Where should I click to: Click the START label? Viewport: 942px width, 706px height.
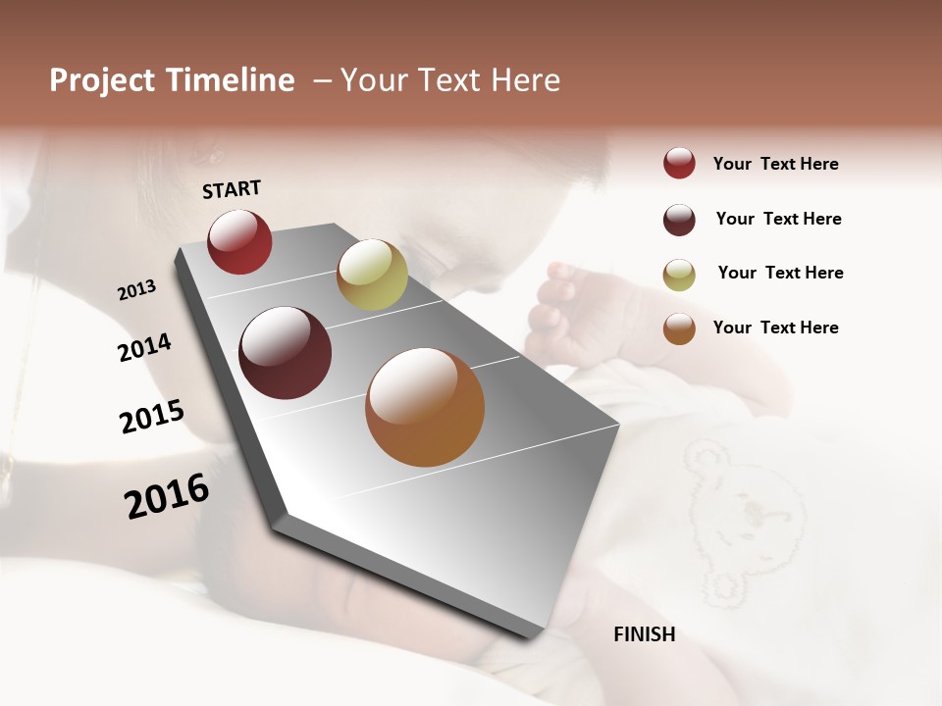click(x=232, y=189)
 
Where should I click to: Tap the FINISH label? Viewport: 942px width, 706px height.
click(x=645, y=634)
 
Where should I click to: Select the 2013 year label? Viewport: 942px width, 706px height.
click(x=137, y=289)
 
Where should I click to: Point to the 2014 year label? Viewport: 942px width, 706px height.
click(x=145, y=348)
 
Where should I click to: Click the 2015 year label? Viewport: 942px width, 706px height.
click(x=152, y=417)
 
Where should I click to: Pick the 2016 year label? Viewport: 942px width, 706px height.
click(x=167, y=495)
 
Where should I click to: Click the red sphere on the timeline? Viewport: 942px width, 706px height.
click(x=239, y=242)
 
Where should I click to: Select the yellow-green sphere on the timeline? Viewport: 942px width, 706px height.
click(x=372, y=275)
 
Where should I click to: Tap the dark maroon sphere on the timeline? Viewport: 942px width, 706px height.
click(x=286, y=353)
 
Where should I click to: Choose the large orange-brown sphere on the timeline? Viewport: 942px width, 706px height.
click(x=425, y=407)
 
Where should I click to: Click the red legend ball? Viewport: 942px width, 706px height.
click(x=679, y=164)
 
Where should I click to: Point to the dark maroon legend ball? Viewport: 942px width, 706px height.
click(x=679, y=220)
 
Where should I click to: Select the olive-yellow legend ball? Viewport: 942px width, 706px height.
click(x=679, y=275)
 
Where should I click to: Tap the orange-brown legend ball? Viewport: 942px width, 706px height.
click(x=679, y=328)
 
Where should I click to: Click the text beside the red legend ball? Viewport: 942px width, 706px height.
click(x=775, y=164)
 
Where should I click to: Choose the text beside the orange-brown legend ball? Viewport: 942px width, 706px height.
click(x=775, y=328)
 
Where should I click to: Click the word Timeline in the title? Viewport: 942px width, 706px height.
click(x=231, y=80)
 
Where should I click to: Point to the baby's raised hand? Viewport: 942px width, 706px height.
click(x=564, y=304)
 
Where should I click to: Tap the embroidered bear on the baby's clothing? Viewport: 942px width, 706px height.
click(x=736, y=510)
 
